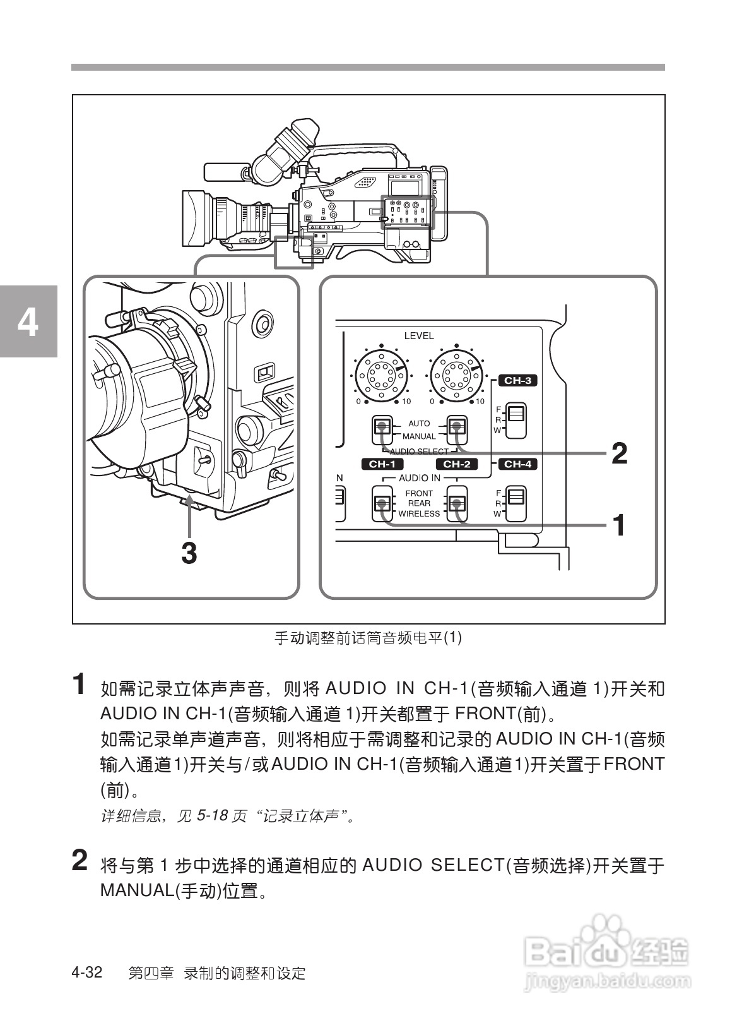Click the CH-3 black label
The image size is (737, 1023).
[x=517, y=380]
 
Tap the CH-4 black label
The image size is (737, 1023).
[x=517, y=464]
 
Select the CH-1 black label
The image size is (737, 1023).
[x=381, y=464]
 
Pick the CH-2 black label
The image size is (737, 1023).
[x=456, y=464]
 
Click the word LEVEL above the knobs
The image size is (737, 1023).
[x=419, y=336]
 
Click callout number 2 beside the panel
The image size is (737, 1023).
[x=619, y=453]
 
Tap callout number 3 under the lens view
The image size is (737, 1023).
[x=189, y=553]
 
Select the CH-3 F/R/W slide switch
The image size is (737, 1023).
[x=516, y=420]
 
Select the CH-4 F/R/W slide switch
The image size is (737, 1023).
[x=516, y=503]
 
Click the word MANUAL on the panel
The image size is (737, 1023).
[x=418, y=436]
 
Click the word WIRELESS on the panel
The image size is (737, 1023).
[x=418, y=513]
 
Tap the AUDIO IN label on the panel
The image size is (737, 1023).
[x=419, y=478]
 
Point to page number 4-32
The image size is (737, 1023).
[x=87, y=972]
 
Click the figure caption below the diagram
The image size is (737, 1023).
[x=368, y=638]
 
